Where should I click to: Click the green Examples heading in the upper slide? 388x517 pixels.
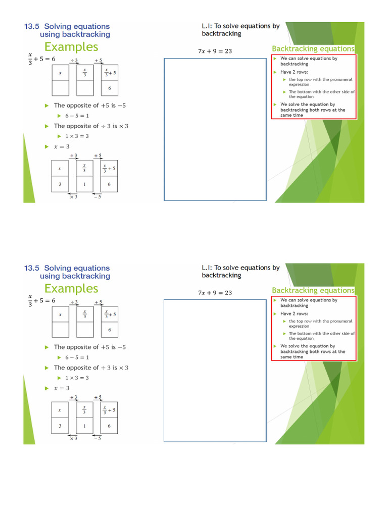pos(71,47)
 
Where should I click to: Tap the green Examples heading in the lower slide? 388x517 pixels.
pos(71,289)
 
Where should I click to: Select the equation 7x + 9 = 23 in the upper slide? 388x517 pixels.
pos(215,51)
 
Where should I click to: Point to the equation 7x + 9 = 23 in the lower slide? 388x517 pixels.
pos(215,293)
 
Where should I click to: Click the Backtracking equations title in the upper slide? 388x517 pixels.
pos(313,49)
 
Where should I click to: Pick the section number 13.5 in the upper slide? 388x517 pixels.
pos(32,26)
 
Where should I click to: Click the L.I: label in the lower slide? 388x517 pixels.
pos(207,268)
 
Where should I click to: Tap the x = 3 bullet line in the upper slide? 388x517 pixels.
pos(64,147)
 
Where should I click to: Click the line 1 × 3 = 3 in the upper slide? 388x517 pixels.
pos(77,136)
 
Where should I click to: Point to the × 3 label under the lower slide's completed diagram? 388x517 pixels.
pos(73,438)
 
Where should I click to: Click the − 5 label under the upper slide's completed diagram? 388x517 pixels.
pos(97,197)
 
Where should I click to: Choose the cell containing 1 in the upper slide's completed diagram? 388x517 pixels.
pos(84,185)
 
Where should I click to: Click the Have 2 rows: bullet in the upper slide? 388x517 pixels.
pos(294,72)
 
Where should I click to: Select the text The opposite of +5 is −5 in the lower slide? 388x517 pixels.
pos(90,347)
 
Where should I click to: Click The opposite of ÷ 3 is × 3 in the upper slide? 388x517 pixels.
pos(91,126)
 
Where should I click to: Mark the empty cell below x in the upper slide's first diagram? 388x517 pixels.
pos(60,88)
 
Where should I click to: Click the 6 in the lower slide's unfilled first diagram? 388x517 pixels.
pos(109,330)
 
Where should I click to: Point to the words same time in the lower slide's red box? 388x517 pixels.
pos(292,357)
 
